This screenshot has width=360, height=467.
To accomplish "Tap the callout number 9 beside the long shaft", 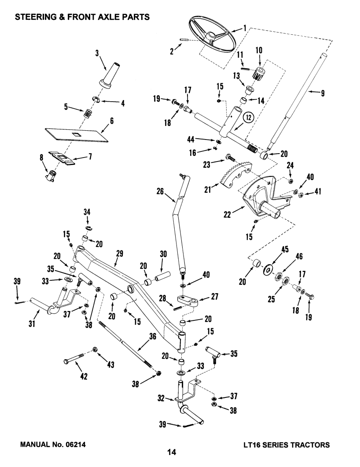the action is click(x=323, y=93).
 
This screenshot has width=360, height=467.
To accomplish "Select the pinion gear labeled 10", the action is click(x=259, y=73).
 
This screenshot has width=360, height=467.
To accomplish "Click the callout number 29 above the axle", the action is click(x=119, y=254).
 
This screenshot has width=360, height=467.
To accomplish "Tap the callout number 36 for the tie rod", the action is click(x=152, y=336).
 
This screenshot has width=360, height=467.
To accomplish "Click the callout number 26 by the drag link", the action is click(x=160, y=191).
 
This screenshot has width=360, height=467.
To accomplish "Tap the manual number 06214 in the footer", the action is click(x=75, y=445).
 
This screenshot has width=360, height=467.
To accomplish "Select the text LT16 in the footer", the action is click(x=251, y=445).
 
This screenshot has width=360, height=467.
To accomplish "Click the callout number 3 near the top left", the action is click(x=97, y=53).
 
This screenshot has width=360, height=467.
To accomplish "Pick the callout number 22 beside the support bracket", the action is click(x=227, y=214).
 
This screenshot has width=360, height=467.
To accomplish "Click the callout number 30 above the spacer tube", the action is click(x=163, y=254).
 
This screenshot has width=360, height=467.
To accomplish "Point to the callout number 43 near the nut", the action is click(x=111, y=364).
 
